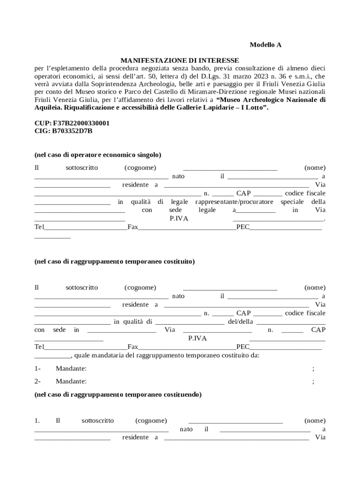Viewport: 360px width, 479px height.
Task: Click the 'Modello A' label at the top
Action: [265, 45]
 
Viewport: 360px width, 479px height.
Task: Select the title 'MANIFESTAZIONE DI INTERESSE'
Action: [180, 60]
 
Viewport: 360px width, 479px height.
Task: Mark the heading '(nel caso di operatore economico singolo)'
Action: [98, 155]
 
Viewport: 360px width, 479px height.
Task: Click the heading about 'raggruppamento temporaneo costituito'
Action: [115, 261]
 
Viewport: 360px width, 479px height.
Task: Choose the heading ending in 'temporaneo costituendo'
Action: [118, 394]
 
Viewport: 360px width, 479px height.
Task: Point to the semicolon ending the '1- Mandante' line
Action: [313, 369]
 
